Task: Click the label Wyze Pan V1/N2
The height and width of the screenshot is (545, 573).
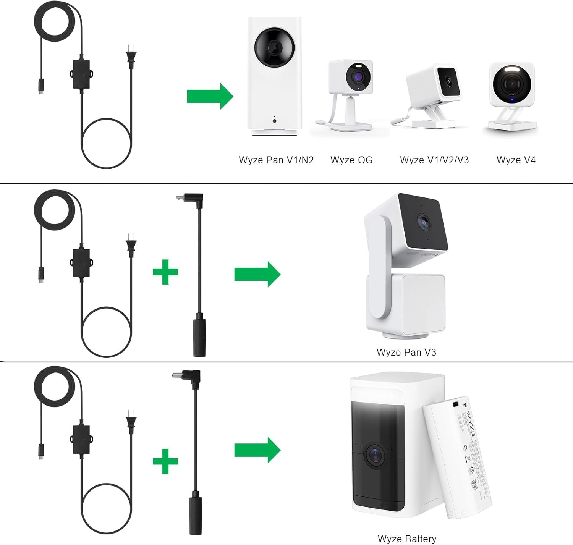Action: (x=276, y=160)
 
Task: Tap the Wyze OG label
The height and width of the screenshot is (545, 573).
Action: (x=351, y=160)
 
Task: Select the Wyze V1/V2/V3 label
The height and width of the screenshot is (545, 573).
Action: (x=434, y=160)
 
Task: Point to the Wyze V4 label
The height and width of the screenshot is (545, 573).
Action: (x=516, y=160)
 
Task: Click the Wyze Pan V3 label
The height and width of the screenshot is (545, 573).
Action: (x=406, y=352)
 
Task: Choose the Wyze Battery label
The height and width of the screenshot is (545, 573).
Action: (x=407, y=539)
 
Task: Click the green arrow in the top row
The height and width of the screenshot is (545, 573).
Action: (x=210, y=96)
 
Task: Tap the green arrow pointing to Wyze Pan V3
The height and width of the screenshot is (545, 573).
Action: (x=257, y=274)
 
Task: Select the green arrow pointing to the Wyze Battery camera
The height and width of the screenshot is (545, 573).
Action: (x=257, y=450)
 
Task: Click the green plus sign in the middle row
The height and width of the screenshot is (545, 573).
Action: (x=165, y=272)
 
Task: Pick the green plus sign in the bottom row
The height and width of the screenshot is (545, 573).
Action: (x=165, y=461)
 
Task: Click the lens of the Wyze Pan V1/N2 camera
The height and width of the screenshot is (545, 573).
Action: (x=274, y=47)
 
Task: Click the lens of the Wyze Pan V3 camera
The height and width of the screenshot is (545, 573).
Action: (x=423, y=221)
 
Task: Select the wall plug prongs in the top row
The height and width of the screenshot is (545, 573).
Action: (x=131, y=56)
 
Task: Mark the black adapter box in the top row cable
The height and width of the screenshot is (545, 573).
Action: (x=80, y=74)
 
